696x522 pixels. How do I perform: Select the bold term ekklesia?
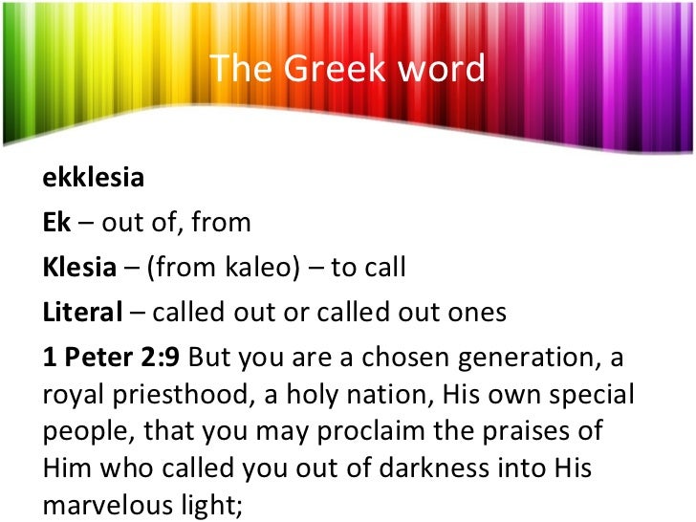pyautogui.click(x=93, y=179)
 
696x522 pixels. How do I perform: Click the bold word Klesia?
pyautogui.click(x=78, y=267)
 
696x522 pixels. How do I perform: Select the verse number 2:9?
pyautogui.click(x=158, y=356)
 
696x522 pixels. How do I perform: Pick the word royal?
pyautogui.click(x=69, y=393)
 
